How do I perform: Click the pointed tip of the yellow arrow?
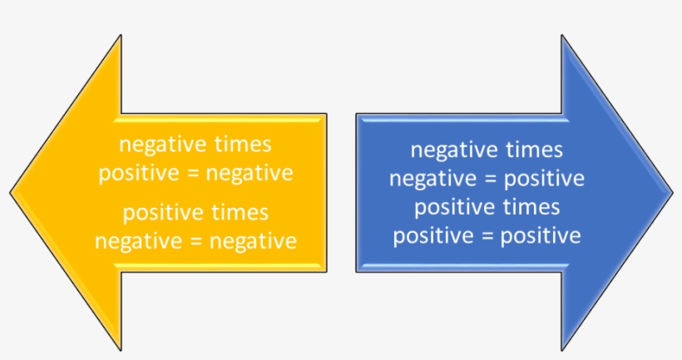pos(12,193)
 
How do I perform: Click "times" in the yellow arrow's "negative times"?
pos(242,144)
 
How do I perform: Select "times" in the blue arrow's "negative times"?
pos(533,150)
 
